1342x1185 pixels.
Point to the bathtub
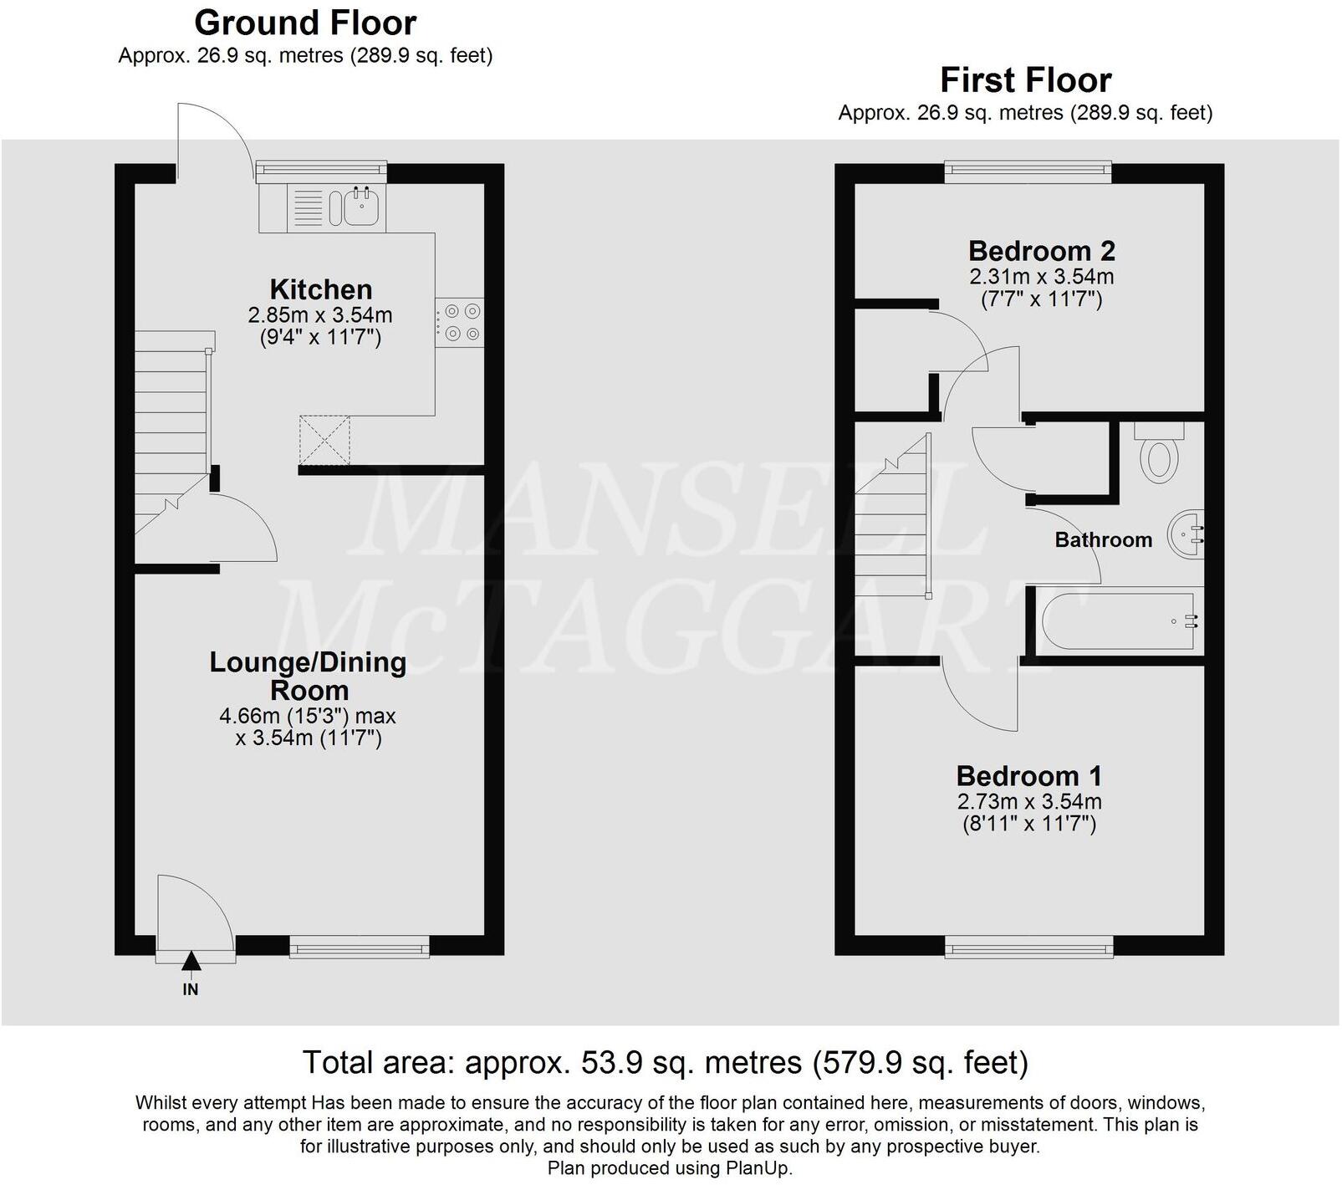(x=1117, y=621)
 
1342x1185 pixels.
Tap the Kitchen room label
(x=321, y=289)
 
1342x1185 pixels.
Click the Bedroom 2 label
(x=1041, y=251)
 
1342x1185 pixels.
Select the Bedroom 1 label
(x=1028, y=775)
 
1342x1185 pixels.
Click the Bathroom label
(x=1103, y=540)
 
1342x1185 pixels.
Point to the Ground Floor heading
(x=305, y=23)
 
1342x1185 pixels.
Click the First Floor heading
(x=1025, y=80)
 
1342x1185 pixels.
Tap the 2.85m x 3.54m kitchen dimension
(x=320, y=315)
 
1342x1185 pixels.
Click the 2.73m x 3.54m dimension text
(x=1028, y=801)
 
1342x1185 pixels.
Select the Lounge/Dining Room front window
(x=360, y=947)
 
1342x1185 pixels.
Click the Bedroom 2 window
(x=1028, y=172)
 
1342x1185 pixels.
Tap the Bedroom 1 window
(x=1028, y=947)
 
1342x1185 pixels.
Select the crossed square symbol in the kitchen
(x=324, y=440)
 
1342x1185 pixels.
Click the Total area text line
(x=665, y=1063)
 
